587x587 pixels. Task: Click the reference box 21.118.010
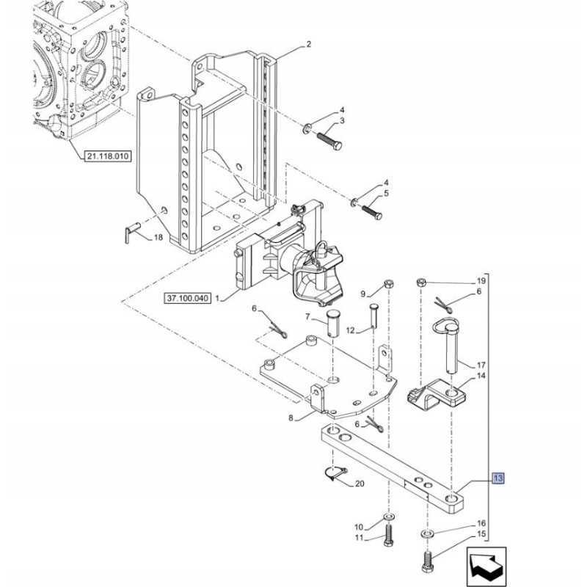107,156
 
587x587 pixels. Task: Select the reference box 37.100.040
187,299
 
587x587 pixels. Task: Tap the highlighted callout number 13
498,478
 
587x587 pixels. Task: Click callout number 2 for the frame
308,44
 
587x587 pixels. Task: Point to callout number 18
158,237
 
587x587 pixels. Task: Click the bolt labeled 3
329,140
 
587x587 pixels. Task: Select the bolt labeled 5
371,212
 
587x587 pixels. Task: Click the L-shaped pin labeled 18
132,232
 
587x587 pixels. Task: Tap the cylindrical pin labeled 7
332,323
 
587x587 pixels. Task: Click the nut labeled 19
421,282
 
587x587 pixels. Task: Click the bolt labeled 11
388,536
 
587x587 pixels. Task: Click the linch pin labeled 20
336,473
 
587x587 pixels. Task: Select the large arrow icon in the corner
486,566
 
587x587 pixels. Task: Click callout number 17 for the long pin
481,365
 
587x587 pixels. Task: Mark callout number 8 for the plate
291,418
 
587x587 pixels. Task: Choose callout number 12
351,330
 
